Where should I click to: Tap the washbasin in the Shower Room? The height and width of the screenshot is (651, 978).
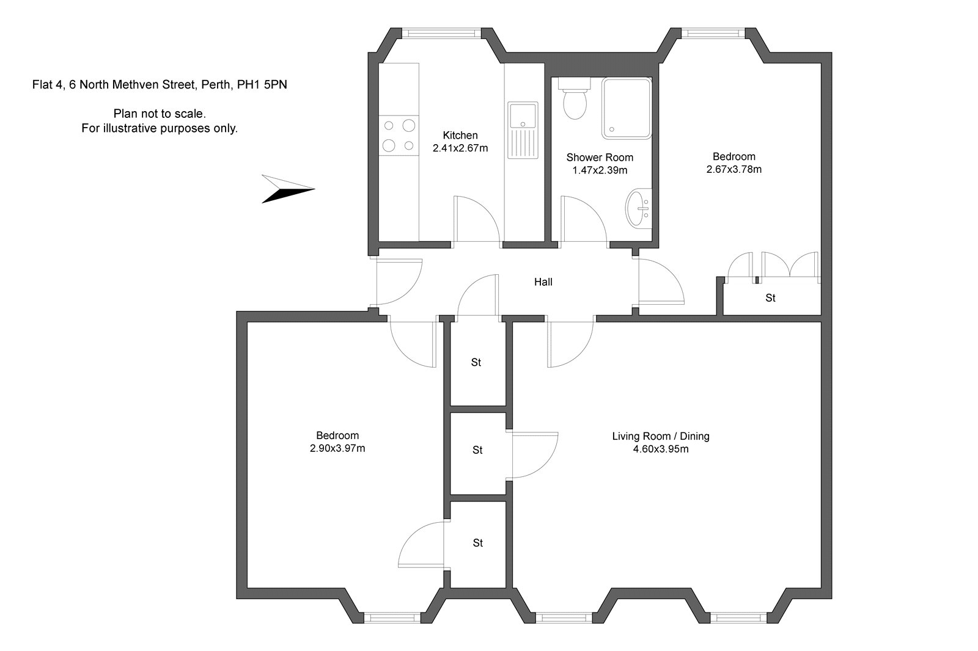(639, 208)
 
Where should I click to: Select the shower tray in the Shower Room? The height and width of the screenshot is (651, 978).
(627, 107)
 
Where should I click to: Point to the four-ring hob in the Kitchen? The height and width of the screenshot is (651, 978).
(399, 135)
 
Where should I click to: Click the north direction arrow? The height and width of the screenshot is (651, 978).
(288, 188)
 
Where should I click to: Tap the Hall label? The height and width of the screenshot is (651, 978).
(543, 282)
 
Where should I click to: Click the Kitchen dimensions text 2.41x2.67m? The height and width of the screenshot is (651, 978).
(460, 148)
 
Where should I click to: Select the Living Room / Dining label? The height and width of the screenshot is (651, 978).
(661, 436)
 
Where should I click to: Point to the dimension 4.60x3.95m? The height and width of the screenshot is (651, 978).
(661, 449)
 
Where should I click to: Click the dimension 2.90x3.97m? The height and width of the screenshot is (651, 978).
(337, 449)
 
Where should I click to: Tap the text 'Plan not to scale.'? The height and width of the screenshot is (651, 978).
(160, 114)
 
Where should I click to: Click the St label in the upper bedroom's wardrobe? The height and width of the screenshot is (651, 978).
(771, 298)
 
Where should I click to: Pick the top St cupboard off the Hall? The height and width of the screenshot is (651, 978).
(476, 362)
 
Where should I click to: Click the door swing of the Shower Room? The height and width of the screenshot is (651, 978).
(584, 220)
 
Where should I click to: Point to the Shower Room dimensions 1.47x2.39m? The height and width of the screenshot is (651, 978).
(600, 170)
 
